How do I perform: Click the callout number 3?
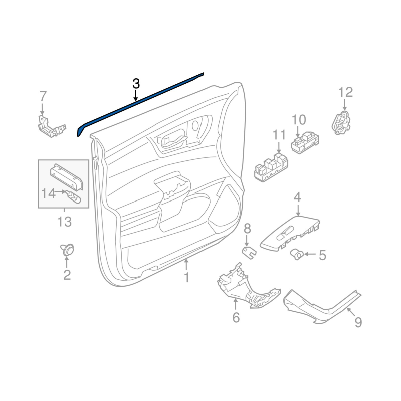(x=136, y=84)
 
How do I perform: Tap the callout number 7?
(x=43, y=95)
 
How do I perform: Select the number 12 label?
(x=345, y=92)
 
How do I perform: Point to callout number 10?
(x=298, y=120)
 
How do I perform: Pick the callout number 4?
(x=297, y=197)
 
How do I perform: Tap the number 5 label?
(x=322, y=255)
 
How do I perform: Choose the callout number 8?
(x=247, y=229)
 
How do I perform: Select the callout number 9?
(x=358, y=322)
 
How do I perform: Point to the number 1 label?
(x=186, y=277)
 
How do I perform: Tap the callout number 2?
(x=67, y=274)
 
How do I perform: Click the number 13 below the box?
(x=64, y=221)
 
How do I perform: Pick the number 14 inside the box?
(x=48, y=192)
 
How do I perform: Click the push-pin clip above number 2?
(x=67, y=249)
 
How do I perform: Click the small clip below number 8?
(x=248, y=251)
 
